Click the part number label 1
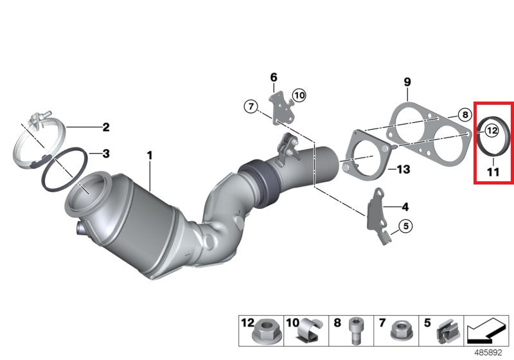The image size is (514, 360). click(x=149, y=155)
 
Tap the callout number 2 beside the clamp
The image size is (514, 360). click(x=106, y=127)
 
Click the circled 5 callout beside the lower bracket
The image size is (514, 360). click(x=405, y=226)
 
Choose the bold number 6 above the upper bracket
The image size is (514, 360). click(x=273, y=78)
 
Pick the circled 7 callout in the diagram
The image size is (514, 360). click(x=251, y=105)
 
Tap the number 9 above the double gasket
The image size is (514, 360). click(x=407, y=82)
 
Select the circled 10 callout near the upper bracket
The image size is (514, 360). click(x=299, y=96)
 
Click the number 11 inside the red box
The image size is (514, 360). click(x=493, y=172)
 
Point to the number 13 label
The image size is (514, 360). click(x=403, y=170)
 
